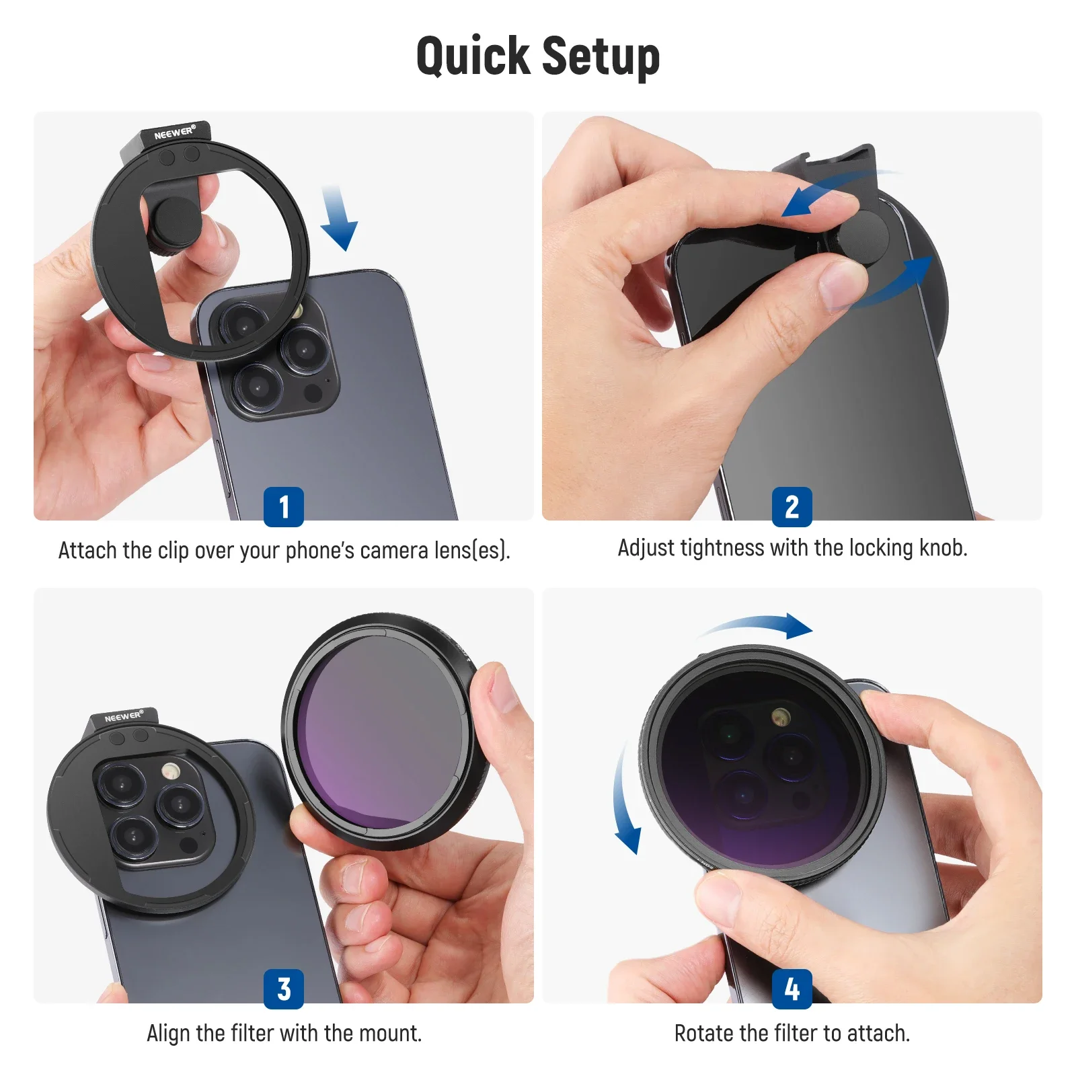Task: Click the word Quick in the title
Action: [x=473, y=56]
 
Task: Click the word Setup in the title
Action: [x=600, y=56]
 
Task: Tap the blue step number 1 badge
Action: [x=283, y=506]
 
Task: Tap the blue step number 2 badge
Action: [x=792, y=506]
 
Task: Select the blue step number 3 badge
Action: [x=283, y=989]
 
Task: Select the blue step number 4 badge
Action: [x=792, y=989]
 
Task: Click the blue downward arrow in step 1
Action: [x=339, y=219]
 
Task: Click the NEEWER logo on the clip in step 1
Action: [x=174, y=132]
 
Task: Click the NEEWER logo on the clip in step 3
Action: [x=124, y=717]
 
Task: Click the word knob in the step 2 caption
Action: [x=942, y=548]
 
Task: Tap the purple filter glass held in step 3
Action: [x=380, y=733]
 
